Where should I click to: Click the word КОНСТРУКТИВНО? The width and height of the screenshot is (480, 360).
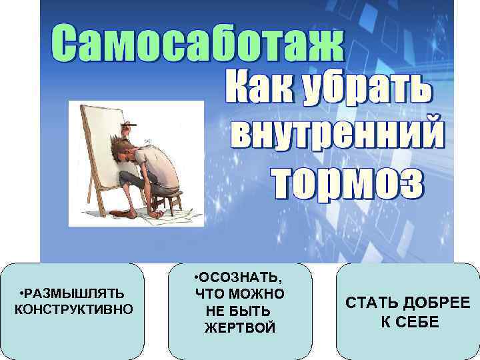(73, 309)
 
